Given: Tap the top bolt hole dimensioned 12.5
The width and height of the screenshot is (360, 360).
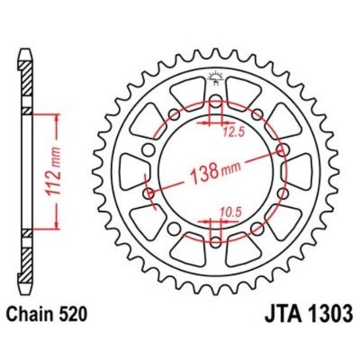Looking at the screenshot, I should point(216,104).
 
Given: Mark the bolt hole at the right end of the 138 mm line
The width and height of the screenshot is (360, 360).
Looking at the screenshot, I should point(284,149).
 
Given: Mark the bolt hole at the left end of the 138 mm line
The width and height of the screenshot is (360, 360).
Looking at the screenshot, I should point(149,192).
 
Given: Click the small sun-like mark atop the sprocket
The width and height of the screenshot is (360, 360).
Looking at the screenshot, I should point(216,76).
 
